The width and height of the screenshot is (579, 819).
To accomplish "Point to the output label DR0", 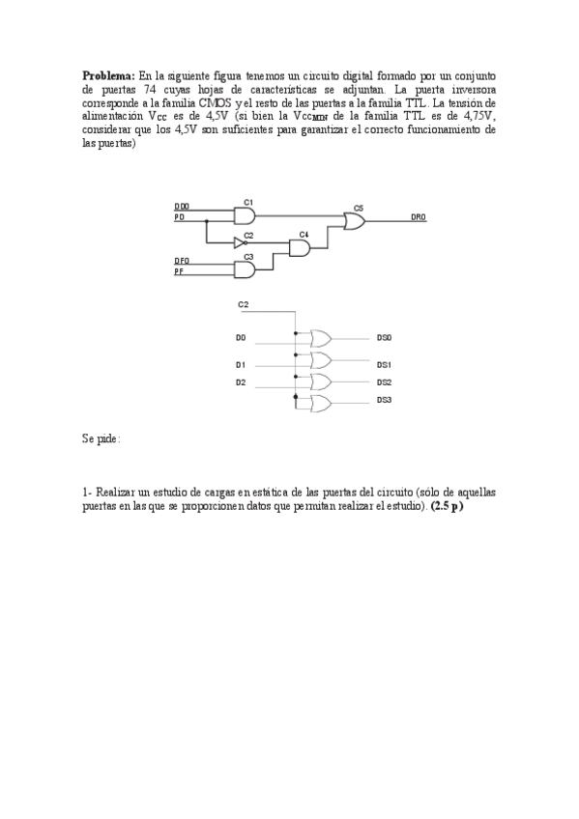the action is pyautogui.click(x=418, y=218).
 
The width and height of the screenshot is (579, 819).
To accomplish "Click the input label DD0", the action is pyautogui.click(x=182, y=207).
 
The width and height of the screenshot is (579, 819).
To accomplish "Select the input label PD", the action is pyautogui.click(x=179, y=218).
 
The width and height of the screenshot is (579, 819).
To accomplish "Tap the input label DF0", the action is pyautogui.click(x=182, y=261).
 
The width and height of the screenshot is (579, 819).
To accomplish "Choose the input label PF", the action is pyautogui.click(x=179, y=272).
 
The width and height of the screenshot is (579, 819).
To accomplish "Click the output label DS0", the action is pyautogui.click(x=384, y=338).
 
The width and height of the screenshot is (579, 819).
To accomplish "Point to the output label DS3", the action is pyautogui.click(x=384, y=400).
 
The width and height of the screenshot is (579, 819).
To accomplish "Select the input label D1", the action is pyautogui.click(x=241, y=365).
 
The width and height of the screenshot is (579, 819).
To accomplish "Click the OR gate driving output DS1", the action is pyautogui.click(x=319, y=360).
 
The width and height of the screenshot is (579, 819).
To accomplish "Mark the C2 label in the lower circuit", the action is pyautogui.click(x=243, y=305).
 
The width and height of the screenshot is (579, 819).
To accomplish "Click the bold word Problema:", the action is pyautogui.click(x=108, y=73).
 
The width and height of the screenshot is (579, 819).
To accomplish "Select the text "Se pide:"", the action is pyautogui.click(x=101, y=438).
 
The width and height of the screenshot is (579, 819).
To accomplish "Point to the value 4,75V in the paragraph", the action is pyautogui.click(x=477, y=114).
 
